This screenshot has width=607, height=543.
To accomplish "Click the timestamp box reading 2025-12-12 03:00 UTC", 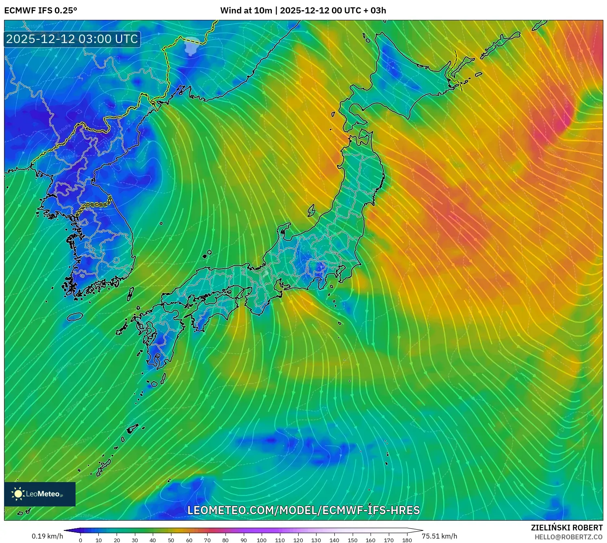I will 72,39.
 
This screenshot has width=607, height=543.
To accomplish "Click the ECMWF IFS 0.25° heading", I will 41,11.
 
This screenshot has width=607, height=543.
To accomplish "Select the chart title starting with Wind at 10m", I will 303,11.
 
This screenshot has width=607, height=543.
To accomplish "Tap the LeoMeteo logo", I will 40,494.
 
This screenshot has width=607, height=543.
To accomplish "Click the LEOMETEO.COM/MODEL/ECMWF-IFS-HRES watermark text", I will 303,511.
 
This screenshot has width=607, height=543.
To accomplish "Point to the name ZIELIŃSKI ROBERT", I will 567,528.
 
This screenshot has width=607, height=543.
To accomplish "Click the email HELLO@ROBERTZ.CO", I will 568,537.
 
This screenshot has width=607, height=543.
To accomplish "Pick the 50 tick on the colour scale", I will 171,540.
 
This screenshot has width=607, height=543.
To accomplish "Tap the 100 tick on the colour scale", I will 262,540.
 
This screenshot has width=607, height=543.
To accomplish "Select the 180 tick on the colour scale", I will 407,540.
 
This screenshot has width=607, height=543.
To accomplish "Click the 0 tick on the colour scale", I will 80,540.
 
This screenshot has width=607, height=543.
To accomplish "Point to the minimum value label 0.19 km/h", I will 48,536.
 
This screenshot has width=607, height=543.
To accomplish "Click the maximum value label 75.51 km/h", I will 440,536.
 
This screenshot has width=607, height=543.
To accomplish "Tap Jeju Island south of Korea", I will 75,316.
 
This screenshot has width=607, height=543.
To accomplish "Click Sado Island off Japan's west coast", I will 312,210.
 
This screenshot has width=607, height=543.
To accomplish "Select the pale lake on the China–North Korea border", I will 191,45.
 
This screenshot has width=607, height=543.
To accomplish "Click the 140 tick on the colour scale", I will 334,540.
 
